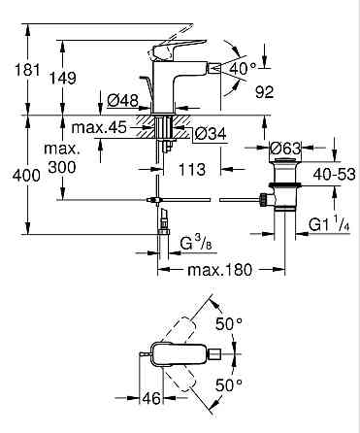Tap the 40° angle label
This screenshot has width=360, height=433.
click(243, 67)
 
